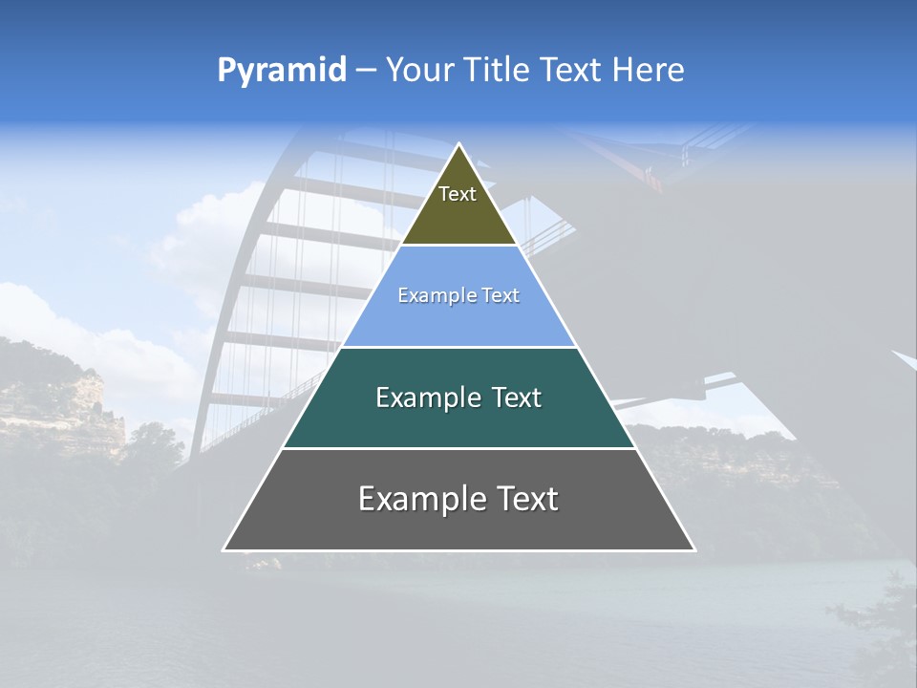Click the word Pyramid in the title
[282, 70]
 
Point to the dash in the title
[366, 71]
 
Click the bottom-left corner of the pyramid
[224, 549]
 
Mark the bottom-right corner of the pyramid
[693, 549]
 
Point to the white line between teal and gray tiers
[458, 448]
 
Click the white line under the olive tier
[458, 246]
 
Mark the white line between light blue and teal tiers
[458, 347]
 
